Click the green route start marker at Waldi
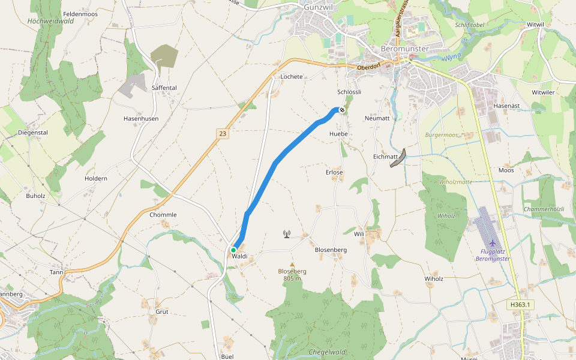[x=233, y=250]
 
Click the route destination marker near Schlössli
[x=341, y=110]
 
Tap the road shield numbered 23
[x=223, y=134]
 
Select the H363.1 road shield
[x=521, y=305]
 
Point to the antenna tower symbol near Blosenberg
[x=287, y=234]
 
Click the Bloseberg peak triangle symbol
[x=292, y=265]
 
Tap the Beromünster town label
[x=405, y=49]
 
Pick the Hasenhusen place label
[x=141, y=119]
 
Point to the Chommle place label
[x=163, y=215]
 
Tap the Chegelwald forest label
[x=328, y=352]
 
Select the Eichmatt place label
[x=386, y=157]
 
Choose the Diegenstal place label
[x=32, y=133]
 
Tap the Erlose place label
[x=334, y=173]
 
